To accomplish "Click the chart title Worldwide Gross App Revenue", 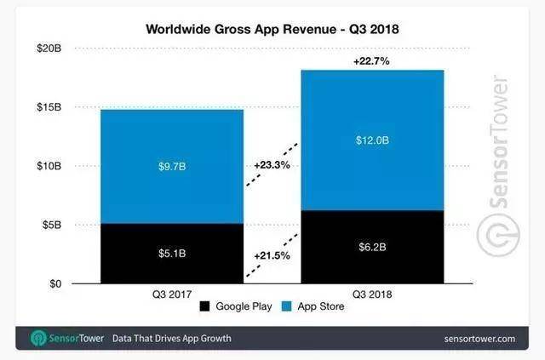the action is (x=241, y=29).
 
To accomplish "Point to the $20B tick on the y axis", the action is (x=49, y=49).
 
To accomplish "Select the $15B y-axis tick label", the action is (x=49, y=107).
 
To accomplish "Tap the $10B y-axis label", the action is (x=49, y=166).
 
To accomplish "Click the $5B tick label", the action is (x=52, y=225).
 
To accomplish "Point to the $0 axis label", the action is (x=55, y=284).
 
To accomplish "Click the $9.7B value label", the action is (x=172, y=167).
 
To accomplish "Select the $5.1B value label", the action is (x=172, y=254).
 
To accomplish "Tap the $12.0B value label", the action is (x=372, y=140).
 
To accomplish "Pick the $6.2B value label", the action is (x=372, y=247).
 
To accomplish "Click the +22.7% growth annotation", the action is (x=371, y=61).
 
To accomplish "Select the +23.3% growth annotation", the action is (x=272, y=165).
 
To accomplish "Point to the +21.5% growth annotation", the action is (x=272, y=256).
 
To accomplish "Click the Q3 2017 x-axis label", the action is (x=172, y=294).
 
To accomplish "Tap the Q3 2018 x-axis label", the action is (x=372, y=294).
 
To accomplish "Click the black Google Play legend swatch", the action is (x=204, y=306).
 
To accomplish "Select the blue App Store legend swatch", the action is (x=286, y=306).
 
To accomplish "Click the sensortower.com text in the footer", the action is (x=479, y=339).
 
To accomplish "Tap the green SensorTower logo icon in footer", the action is (x=38, y=338).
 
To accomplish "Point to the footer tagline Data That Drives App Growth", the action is (x=172, y=339).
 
